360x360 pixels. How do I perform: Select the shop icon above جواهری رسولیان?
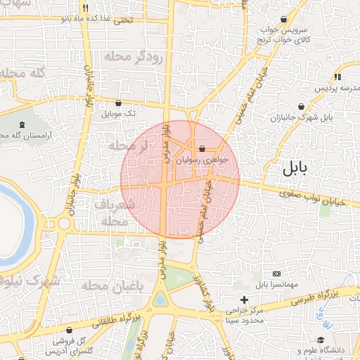(202, 149)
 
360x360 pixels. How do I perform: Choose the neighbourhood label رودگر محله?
(133, 56)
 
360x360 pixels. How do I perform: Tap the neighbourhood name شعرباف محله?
(112, 212)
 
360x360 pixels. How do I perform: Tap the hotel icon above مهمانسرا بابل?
(276, 273)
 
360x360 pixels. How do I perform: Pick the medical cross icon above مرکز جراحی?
(244, 300)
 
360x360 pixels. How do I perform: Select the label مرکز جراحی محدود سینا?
(244, 315)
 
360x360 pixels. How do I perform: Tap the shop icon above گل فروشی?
(69, 329)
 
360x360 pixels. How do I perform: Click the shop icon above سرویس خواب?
(283, 20)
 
